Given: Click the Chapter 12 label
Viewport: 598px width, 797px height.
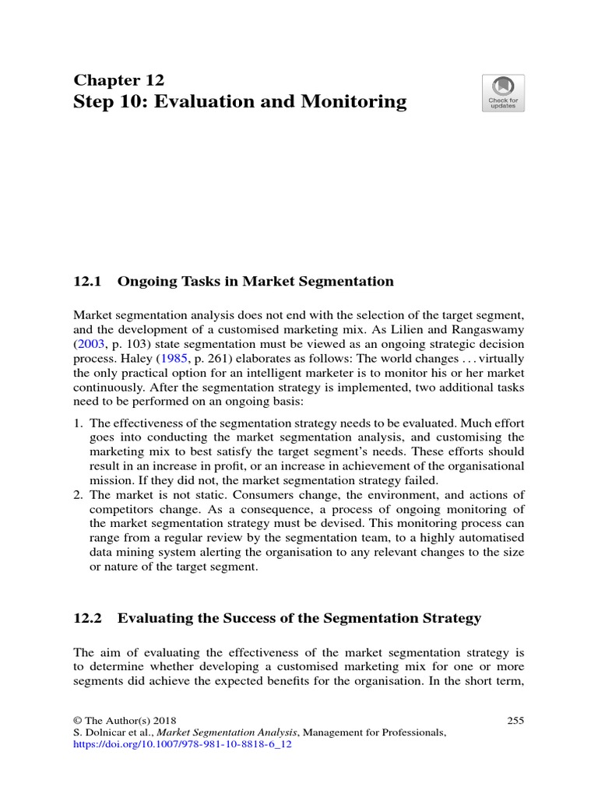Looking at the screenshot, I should pyautogui.click(x=118, y=80).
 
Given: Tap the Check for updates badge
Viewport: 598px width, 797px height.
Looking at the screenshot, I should pyautogui.click(x=503, y=93).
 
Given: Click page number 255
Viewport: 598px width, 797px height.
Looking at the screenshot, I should pyautogui.click(x=515, y=721).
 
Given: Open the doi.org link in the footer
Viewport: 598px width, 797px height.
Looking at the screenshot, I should pyautogui.click(x=181, y=744).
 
